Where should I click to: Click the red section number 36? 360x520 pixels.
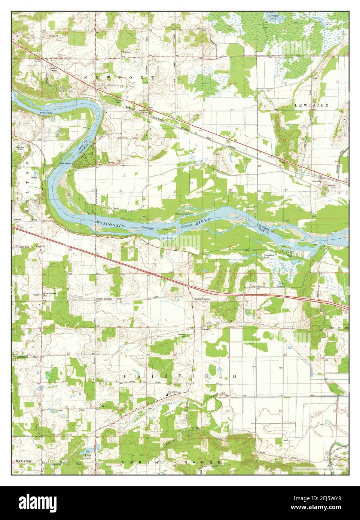(70, 249)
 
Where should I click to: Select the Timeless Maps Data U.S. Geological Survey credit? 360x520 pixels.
(320, 468)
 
